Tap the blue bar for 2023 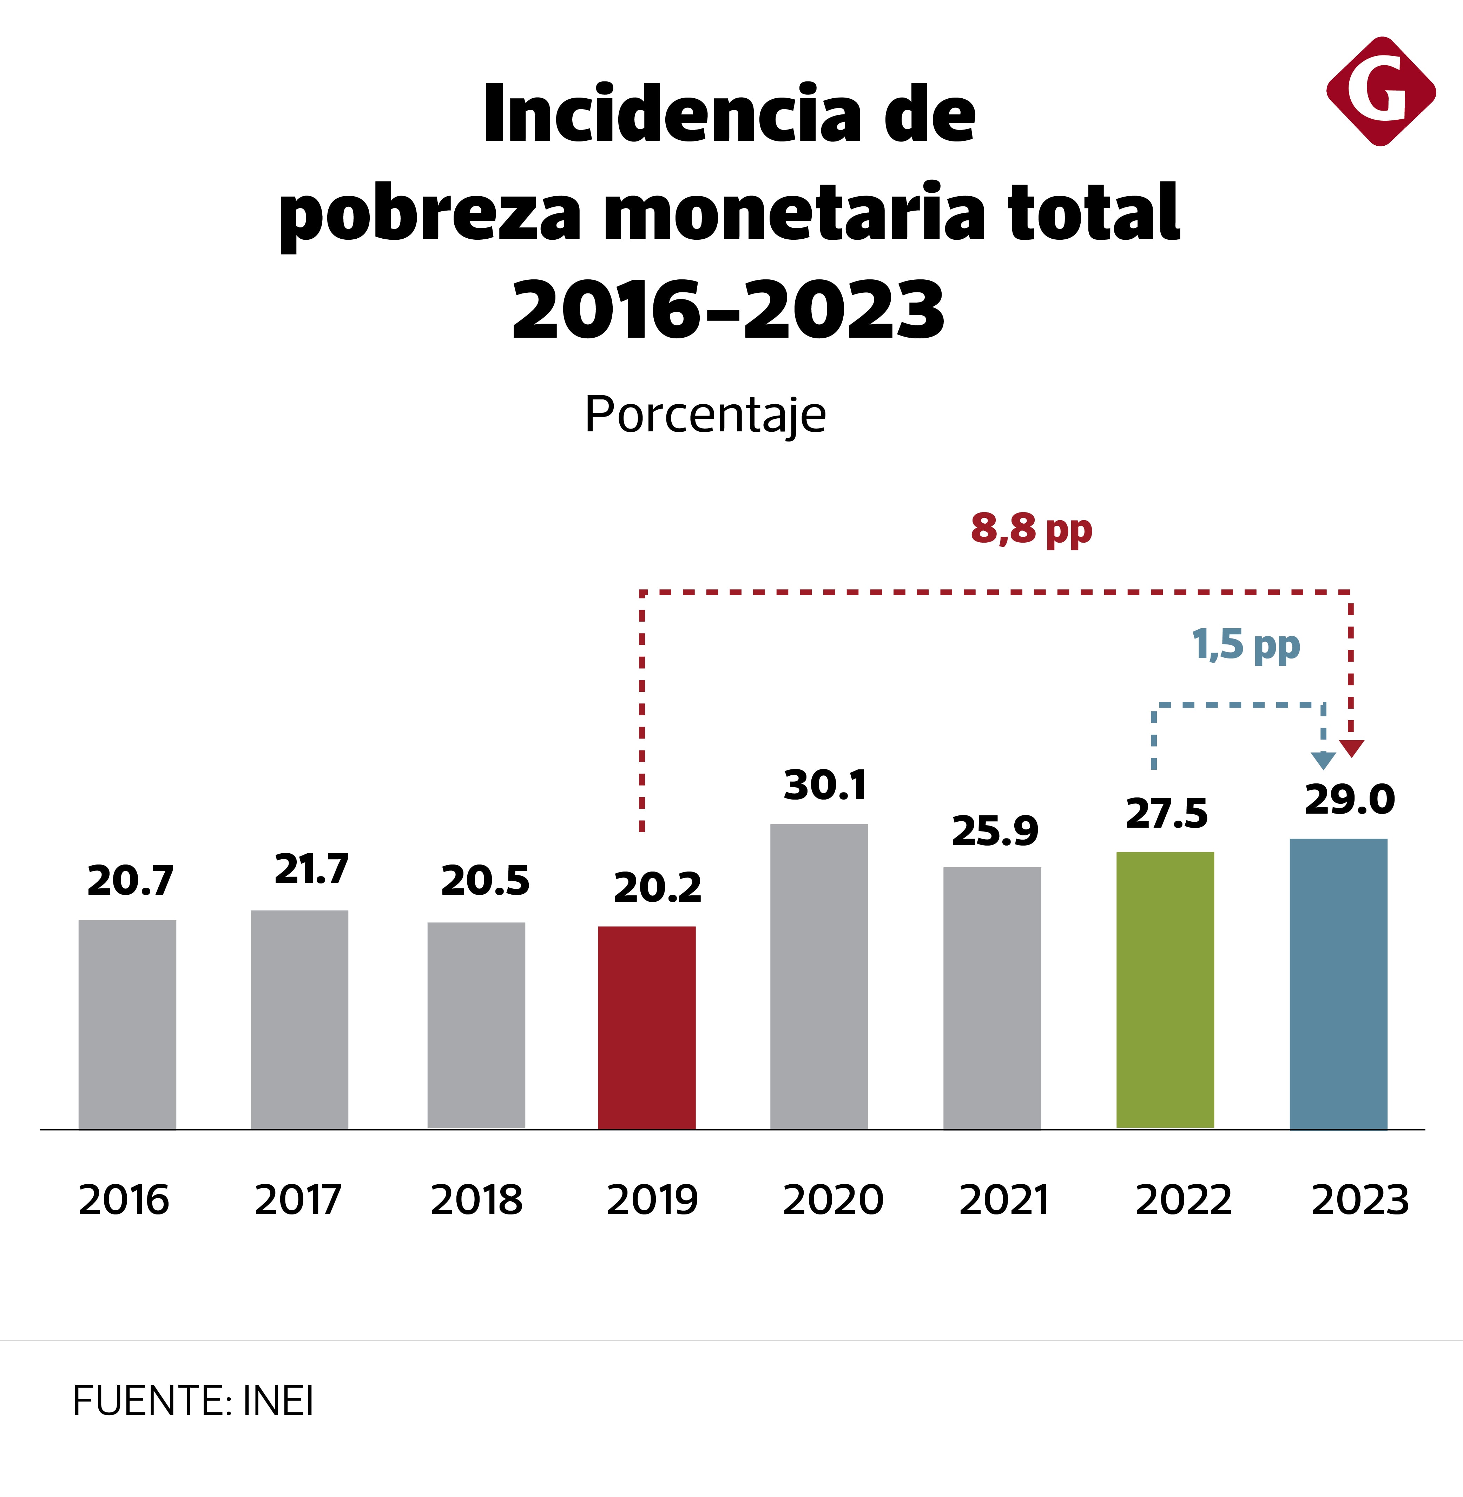coord(1338,983)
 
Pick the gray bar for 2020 coord(819,975)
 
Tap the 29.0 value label coord(1349,800)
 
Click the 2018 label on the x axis coord(476,1200)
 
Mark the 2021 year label coord(1003,1200)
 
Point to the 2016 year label coord(124,1200)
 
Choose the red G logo coord(1381,91)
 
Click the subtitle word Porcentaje coord(705,416)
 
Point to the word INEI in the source coord(278,1401)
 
